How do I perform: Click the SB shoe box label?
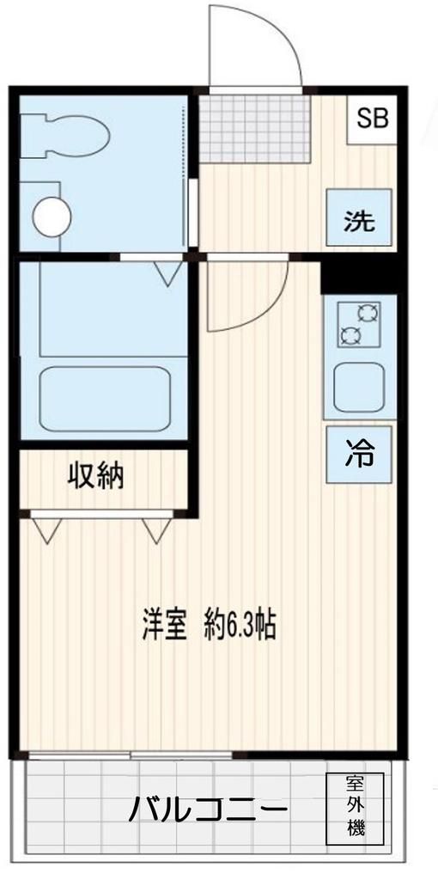pos(373,118)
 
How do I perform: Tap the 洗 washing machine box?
pos(360,221)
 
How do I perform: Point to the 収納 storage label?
pos(95,475)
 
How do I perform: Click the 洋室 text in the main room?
pos(165,625)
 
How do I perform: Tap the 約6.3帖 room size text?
pos(240,625)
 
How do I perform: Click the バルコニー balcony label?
pos(208,810)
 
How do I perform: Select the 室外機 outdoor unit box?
pos(355,808)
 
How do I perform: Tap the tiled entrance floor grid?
pos(256,127)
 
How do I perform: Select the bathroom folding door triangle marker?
pos(168,273)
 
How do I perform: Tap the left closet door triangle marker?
pos(47,529)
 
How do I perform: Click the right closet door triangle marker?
pos(157,529)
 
